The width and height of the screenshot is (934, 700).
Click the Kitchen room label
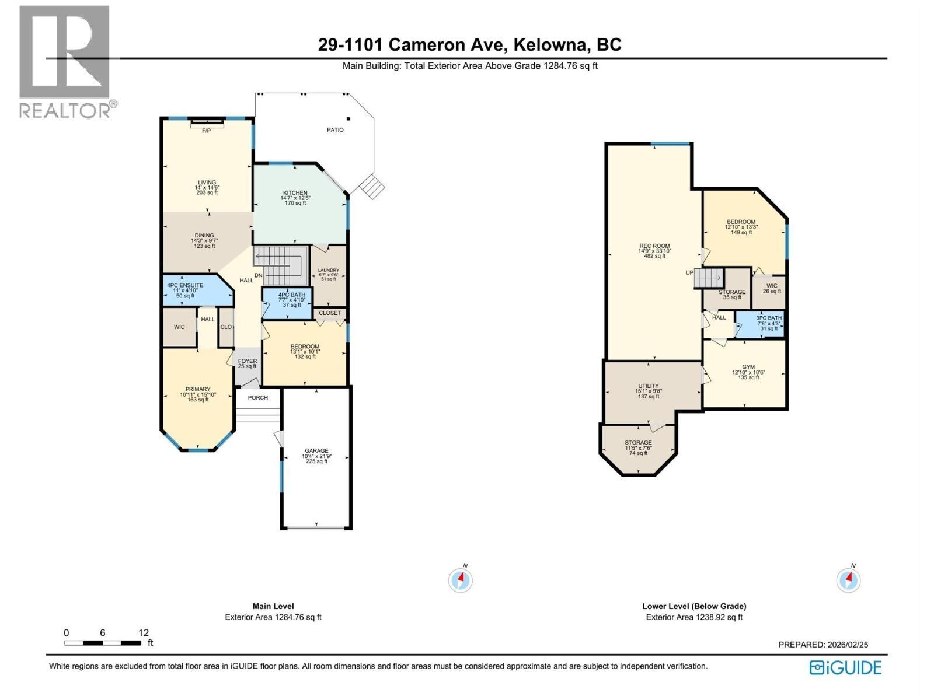click(x=295, y=193)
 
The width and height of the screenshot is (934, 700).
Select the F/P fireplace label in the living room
click(x=207, y=131)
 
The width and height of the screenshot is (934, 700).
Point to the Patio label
click(x=335, y=130)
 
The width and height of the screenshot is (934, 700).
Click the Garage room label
click(x=316, y=451)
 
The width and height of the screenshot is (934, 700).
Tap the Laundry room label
click(x=329, y=270)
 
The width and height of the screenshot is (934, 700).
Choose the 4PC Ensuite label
click(x=185, y=285)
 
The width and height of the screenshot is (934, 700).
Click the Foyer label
click(x=248, y=361)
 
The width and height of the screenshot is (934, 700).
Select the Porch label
click(x=258, y=398)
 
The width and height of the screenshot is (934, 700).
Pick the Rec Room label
click(x=654, y=246)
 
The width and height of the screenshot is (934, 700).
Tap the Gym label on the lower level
click(x=748, y=367)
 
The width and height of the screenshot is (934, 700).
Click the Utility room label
click(x=648, y=386)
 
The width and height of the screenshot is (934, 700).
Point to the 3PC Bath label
click(x=769, y=318)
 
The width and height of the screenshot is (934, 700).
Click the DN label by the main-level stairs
click(x=258, y=275)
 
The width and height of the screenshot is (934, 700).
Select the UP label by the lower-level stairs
click(x=689, y=273)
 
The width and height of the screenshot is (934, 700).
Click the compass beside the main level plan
click(x=461, y=580)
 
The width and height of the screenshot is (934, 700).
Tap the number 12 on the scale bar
click(x=144, y=633)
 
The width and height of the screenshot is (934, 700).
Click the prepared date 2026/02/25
click(x=845, y=645)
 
